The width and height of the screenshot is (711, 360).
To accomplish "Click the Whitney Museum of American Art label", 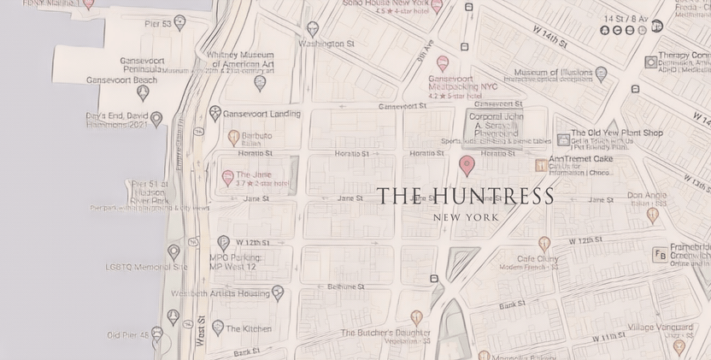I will (240, 59).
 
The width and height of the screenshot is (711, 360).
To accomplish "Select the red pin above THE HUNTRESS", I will (467, 164).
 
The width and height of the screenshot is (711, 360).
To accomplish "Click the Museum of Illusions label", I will (554, 73).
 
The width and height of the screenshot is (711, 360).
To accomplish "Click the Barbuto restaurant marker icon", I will (233, 136).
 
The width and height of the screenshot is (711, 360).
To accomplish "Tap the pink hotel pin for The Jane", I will (227, 178).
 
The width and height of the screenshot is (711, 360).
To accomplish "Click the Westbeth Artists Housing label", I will (220, 293).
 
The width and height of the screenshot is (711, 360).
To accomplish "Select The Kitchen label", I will (249, 328).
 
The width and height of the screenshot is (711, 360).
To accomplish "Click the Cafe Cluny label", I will (538, 259).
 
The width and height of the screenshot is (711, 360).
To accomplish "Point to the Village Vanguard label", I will (660, 328).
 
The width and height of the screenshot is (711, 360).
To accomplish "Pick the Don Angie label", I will (647, 195).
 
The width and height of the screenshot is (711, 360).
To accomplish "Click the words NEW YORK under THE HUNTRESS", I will (466, 217).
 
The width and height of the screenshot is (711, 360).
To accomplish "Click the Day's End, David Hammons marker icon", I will (156, 118).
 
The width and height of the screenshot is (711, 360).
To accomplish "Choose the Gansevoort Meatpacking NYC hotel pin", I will (443, 63).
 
